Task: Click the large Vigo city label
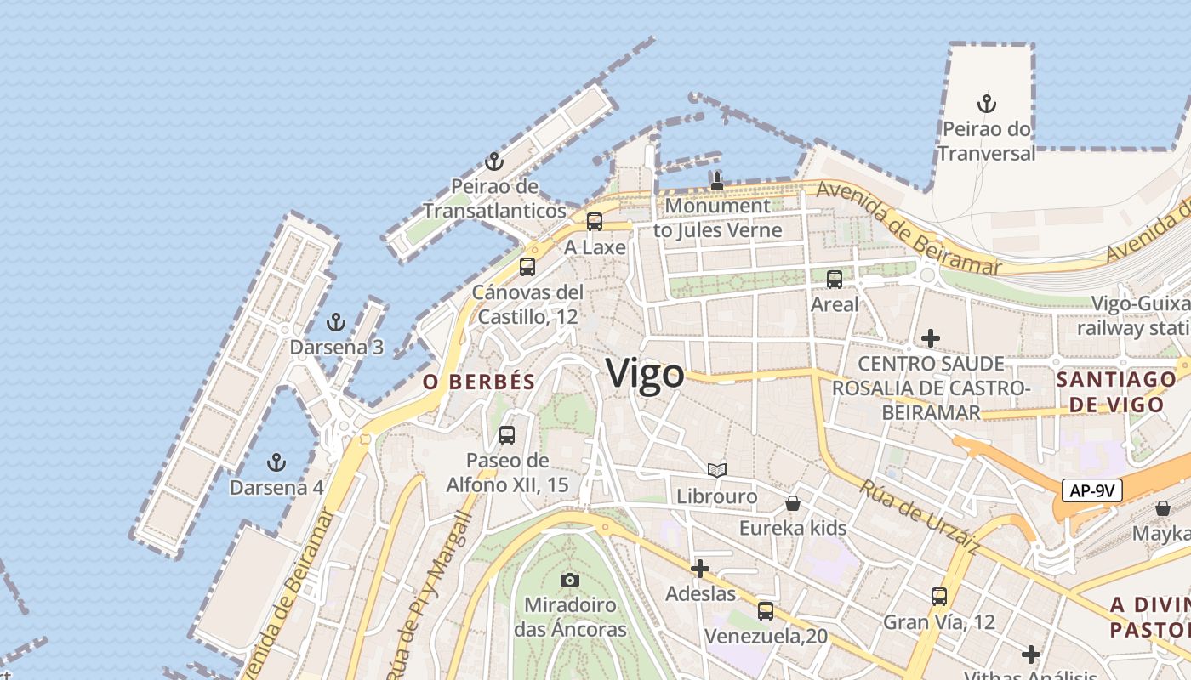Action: pyautogui.click(x=645, y=374)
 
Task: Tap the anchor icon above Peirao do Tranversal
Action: pyautogui.click(x=986, y=105)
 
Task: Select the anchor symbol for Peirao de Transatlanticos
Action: pyautogui.click(x=494, y=161)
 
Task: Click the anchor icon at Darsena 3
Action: pyautogui.click(x=336, y=322)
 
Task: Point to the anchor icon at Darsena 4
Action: pyautogui.click(x=276, y=462)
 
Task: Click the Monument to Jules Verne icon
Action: pyautogui.click(x=717, y=180)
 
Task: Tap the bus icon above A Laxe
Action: pyautogui.click(x=595, y=222)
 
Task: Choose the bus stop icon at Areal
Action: pyautogui.click(x=835, y=279)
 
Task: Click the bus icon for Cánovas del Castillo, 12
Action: pyautogui.click(x=527, y=267)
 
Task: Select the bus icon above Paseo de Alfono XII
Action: pyautogui.click(x=507, y=435)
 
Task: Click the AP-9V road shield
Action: pyautogui.click(x=1092, y=490)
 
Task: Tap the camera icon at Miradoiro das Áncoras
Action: pyautogui.click(x=570, y=580)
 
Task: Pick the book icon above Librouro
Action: pyautogui.click(x=717, y=470)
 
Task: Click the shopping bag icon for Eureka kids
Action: pyautogui.click(x=793, y=503)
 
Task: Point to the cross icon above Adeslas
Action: pyautogui.click(x=700, y=568)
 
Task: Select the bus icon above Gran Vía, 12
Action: pyautogui.click(x=939, y=597)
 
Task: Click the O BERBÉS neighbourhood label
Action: pyautogui.click(x=479, y=382)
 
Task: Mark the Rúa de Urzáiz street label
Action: pyautogui.click(x=918, y=518)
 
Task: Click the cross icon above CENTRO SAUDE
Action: pyautogui.click(x=931, y=338)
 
